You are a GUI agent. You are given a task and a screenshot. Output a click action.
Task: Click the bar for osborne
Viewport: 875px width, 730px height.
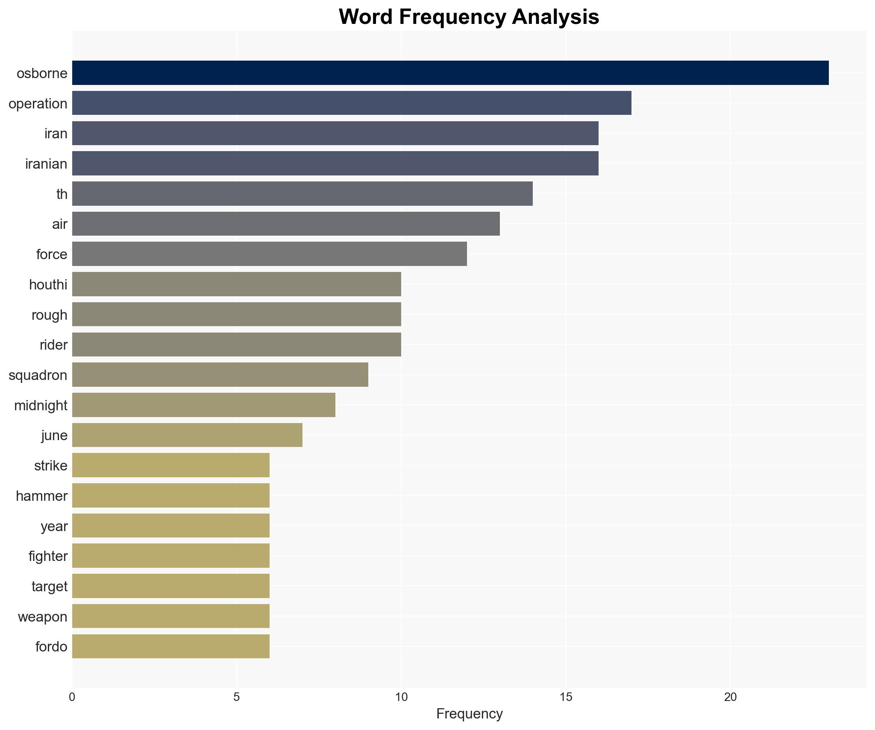click(450, 73)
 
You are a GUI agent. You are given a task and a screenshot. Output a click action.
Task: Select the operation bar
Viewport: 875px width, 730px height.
click(351, 103)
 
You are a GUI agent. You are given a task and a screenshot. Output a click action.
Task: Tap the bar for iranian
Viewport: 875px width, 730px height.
click(335, 164)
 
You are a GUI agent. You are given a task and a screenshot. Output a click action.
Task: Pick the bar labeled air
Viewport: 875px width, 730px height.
click(285, 224)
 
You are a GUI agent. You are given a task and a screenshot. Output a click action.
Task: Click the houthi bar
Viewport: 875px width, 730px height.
click(236, 284)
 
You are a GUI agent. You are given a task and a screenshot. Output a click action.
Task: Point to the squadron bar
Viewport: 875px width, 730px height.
click(220, 375)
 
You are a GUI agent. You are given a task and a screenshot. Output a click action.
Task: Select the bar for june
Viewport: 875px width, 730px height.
click(187, 435)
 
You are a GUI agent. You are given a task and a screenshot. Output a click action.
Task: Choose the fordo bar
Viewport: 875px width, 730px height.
click(170, 646)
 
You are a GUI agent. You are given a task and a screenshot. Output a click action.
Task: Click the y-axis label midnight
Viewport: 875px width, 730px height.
click(41, 405)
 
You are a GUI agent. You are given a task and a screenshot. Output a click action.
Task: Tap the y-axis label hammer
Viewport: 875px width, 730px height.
click(41, 496)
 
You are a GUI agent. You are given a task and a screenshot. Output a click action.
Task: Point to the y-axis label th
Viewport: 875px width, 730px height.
click(62, 194)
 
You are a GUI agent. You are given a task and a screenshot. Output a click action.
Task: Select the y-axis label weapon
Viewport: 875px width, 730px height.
click(42, 616)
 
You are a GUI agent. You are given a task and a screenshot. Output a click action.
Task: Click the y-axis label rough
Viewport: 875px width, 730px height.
click(49, 315)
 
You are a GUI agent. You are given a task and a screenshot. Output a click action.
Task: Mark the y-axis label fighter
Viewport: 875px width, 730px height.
click(48, 556)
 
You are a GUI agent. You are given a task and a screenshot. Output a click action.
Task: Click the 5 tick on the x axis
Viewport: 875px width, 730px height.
click(236, 697)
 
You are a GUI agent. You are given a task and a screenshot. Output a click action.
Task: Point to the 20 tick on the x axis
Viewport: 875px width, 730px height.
click(730, 697)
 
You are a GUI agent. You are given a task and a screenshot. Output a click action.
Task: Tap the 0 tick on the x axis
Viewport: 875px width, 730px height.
click(72, 697)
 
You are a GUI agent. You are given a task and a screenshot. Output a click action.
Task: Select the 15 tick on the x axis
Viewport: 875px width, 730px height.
click(566, 697)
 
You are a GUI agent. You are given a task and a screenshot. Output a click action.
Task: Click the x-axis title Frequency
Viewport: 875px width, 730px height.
click(469, 714)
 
